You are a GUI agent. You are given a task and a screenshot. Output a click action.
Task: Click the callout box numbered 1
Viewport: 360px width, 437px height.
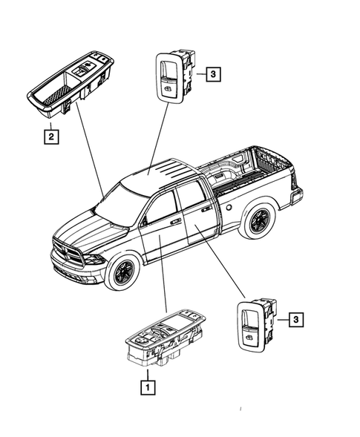pos(148,386)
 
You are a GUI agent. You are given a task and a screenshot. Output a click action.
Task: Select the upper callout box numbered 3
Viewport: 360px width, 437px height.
pos(212,74)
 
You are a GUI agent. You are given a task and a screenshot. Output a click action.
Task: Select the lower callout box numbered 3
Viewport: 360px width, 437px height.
pos(295,320)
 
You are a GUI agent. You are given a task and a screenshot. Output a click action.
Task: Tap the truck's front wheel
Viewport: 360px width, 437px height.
pos(121,272)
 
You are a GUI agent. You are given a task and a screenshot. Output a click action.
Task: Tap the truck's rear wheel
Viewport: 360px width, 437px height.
pos(259,221)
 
